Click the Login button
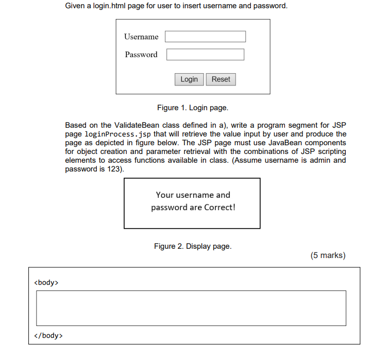click(189, 79)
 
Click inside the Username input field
click(205, 37)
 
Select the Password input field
click(205, 55)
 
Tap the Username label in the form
click(141, 37)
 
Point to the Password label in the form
click(141, 55)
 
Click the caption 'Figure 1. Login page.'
click(193, 108)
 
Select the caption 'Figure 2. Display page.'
click(193, 246)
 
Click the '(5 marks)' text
click(328, 255)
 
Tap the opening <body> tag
click(46, 282)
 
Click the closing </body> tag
click(48, 336)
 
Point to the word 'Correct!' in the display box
click(220, 208)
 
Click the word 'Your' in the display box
click(165, 195)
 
